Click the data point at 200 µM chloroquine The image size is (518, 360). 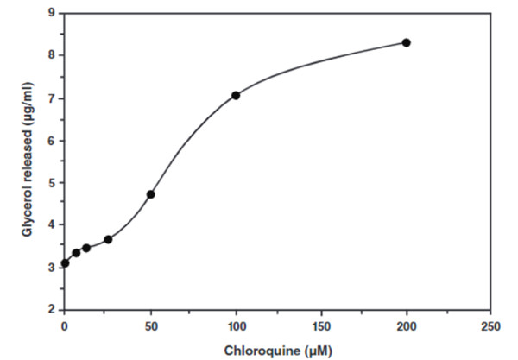pyautogui.click(x=406, y=42)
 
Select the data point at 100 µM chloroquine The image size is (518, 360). pyautogui.click(x=236, y=95)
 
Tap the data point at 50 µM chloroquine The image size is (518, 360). pyautogui.click(x=150, y=194)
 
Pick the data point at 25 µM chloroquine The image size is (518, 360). pyautogui.click(x=108, y=239)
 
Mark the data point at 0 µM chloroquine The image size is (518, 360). pyautogui.click(x=65, y=262)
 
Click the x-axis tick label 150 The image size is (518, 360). pyautogui.click(x=321, y=327)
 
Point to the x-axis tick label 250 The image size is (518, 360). pyautogui.click(x=491, y=327)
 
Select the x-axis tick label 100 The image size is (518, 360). pyautogui.click(x=236, y=327)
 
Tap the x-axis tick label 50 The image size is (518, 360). pyautogui.click(x=150, y=327)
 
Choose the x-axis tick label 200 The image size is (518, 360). pyautogui.click(x=406, y=327)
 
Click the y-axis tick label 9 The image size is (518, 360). pyautogui.click(x=52, y=13)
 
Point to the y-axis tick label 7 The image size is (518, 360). pyautogui.click(x=52, y=98)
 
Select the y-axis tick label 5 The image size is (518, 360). pyautogui.click(x=52, y=182)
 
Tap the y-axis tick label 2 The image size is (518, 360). pyautogui.click(x=52, y=309)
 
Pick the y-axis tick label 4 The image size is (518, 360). pyautogui.click(x=52, y=224)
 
